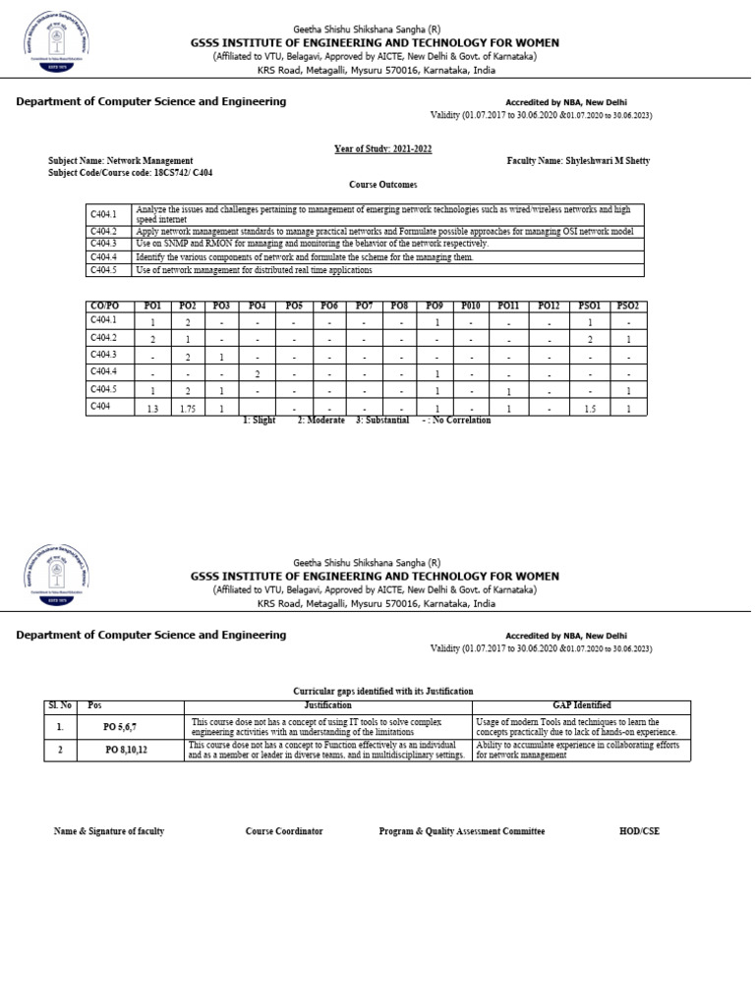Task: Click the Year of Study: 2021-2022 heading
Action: pyautogui.click(x=382, y=148)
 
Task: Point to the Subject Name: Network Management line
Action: pyautogui.click(x=121, y=160)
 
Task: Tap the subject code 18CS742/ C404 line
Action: pyautogui.click(x=130, y=172)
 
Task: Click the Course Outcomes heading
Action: pyautogui.click(x=382, y=185)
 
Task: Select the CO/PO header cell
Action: pyautogui.click(x=103, y=306)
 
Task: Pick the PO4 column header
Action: pyautogui.click(x=257, y=306)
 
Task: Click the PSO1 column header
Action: pyautogui.click(x=589, y=306)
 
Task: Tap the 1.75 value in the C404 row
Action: pyautogui.click(x=188, y=408)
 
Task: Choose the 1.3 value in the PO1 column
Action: pyautogui.click(x=152, y=408)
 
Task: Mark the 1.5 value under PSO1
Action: pyautogui.click(x=589, y=408)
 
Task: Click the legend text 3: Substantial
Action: pyautogui.click(x=383, y=419)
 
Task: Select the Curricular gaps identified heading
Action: pyautogui.click(x=382, y=692)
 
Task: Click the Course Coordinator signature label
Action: pyautogui.click(x=284, y=831)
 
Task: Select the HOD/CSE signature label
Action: pyautogui.click(x=639, y=831)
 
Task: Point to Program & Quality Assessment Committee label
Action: pyautogui.click(x=461, y=831)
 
